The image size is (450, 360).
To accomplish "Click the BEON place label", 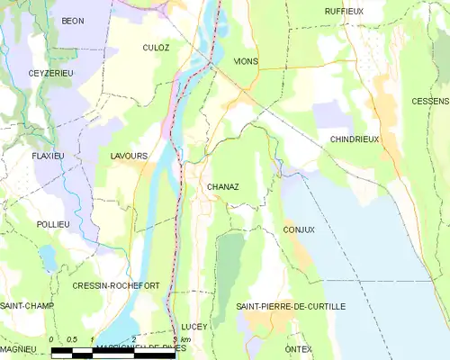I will point(72,21).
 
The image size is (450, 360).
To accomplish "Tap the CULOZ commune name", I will point(157,47).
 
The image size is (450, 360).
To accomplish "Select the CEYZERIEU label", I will point(49,73).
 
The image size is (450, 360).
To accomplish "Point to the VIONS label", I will point(245,61).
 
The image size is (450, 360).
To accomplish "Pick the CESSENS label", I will point(430,101).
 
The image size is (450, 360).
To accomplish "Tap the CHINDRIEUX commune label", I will point(355,139).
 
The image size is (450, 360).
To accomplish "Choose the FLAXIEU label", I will point(49,156).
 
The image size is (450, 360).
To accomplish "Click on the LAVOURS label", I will point(129,156).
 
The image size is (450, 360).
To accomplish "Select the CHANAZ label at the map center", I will point(222,186).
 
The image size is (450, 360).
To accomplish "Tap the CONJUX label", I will point(298,229).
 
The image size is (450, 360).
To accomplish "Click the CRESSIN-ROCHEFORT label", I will point(116,285).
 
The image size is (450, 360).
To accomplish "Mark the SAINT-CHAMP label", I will point(26,307).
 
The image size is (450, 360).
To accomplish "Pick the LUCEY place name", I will point(193,326).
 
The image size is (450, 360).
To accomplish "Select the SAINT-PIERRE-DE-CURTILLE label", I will point(291,307).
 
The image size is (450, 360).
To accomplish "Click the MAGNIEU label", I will point(17,348).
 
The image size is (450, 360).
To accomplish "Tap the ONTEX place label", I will point(297,348).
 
